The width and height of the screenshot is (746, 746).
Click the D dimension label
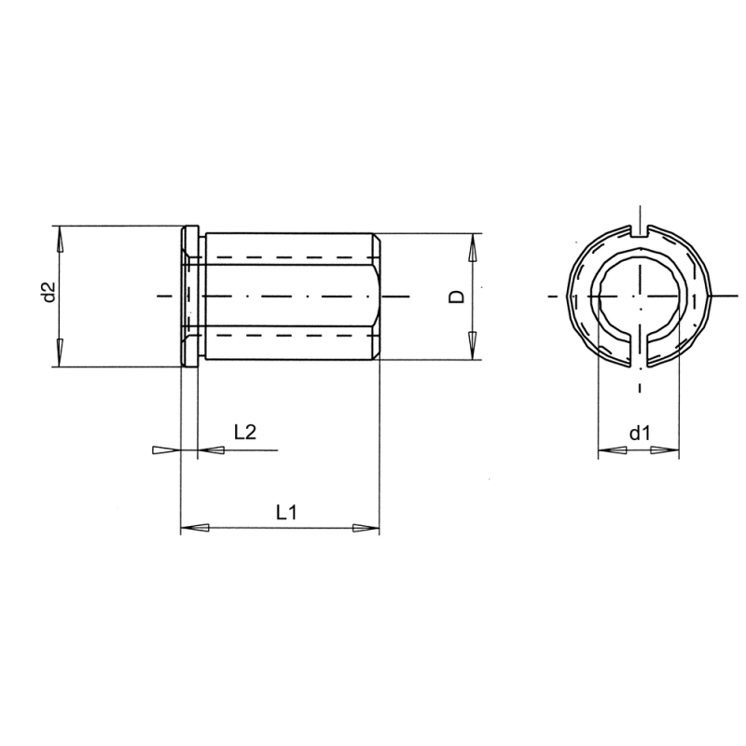[x=457, y=296]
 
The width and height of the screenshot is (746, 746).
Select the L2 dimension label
[x=245, y=432]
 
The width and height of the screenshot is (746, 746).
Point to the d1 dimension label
[x=639, y=433]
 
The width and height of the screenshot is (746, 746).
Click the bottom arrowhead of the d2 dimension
[x=59, y=352]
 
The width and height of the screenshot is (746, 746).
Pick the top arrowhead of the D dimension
[x=473, y=247]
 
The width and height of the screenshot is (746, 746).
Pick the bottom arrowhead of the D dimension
[x=473, y=345]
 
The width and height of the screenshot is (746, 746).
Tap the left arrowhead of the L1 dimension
[x=193, y=529]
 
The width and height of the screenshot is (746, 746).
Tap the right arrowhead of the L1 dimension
[x=366, y=529]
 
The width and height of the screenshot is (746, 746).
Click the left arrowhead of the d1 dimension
[x=611, y=450]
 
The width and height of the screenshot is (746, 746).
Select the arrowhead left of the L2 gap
[x=163, y=450]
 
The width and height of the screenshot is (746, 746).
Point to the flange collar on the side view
[x=189, y=296]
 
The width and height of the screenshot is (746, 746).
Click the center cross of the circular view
[x=640, y=297]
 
